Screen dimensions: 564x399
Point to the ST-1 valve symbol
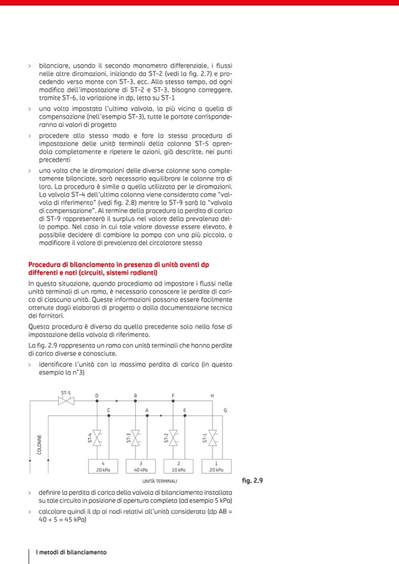(x=213, y=438)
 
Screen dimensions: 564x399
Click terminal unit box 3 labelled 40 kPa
(x=141, y=466)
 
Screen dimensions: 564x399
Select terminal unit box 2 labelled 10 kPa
(x=178, y=466)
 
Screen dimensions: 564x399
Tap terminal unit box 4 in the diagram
(x=103, y=466)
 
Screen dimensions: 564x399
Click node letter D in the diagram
(x=98, y=395)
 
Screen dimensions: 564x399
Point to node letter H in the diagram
(x=212, y=395)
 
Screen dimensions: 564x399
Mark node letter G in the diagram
(x=225, y=409)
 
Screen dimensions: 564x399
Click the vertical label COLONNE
(x=39, y=445)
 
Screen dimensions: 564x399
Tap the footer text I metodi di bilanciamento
(x=71, y=552)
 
